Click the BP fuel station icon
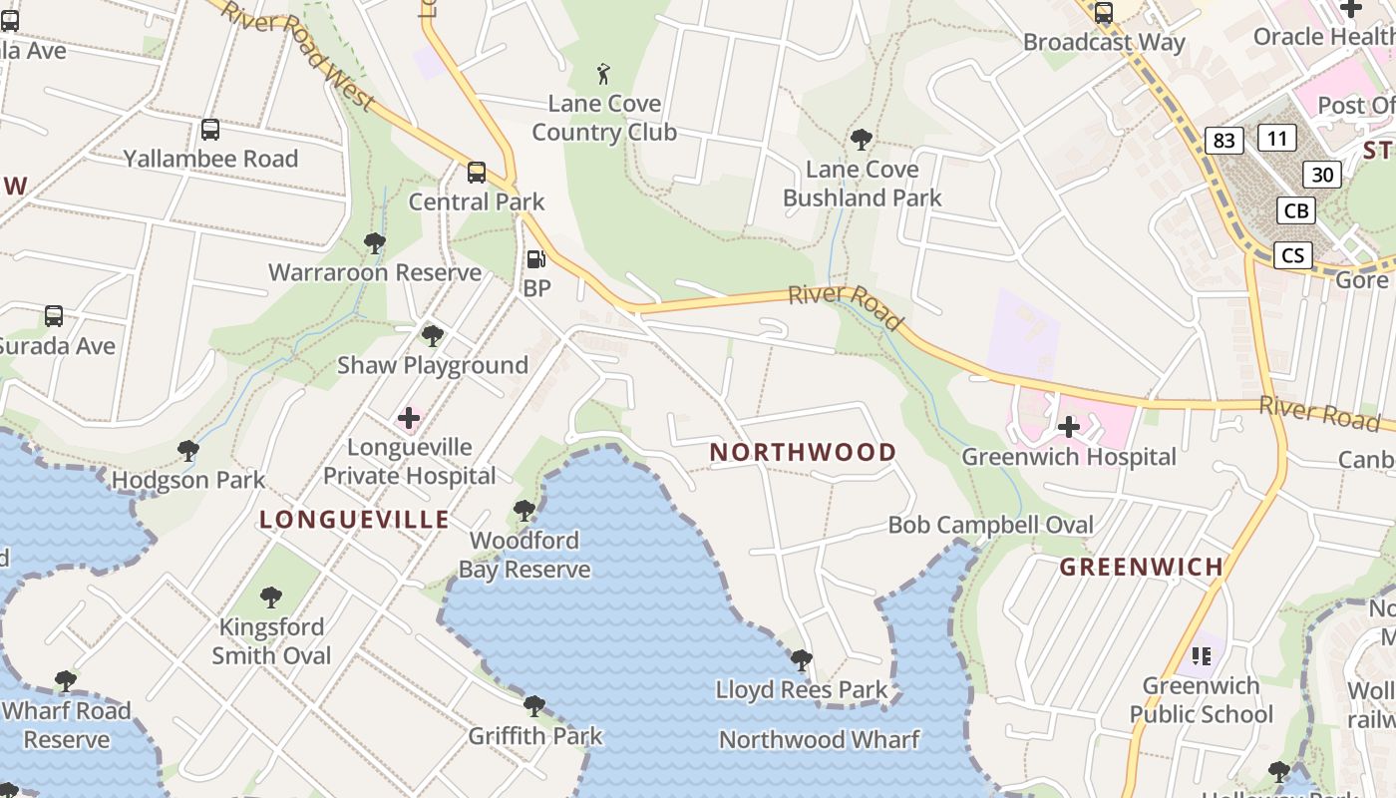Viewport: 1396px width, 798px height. [536, 259]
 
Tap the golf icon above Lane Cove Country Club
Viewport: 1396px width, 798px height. [603, 73]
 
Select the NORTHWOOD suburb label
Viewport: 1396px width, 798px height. [803, 452]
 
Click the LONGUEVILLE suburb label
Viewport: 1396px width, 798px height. [354, 519]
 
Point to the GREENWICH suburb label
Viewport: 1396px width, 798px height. [1141, 567]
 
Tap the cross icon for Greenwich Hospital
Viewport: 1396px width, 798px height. [1069, 427]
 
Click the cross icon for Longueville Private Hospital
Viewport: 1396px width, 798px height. [409, 417]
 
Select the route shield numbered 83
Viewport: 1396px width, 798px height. [1223, 141]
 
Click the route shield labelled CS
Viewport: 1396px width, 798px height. [1292, 255]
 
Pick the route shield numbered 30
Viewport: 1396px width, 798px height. [1322, 175]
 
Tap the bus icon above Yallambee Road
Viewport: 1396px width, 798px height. [210, 129]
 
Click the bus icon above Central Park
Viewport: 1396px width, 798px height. [477, 172]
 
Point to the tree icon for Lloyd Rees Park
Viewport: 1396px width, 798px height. [801, 659]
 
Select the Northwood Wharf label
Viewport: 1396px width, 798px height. [820, 739]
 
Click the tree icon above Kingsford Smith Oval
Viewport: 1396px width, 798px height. [270, 598]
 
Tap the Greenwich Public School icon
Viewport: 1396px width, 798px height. [1202, 655]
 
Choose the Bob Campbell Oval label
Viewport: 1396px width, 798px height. [990, 525]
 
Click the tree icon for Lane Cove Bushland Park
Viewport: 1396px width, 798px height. [862, 139]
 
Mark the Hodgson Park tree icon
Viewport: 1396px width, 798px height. [187, 450]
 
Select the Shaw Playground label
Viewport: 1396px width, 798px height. [433, 365]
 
